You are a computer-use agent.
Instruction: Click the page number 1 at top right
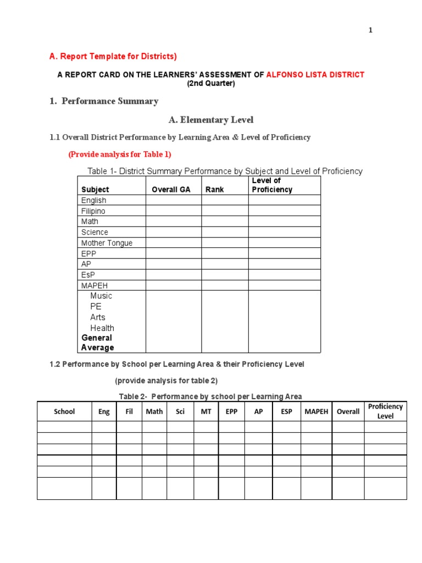click(x=370, y=30)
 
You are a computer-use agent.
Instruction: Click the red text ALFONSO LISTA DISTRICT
click(x=315, y=75)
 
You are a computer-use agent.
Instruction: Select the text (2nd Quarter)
click(x=210, y=84)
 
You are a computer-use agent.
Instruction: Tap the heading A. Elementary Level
click(x=210, y=120)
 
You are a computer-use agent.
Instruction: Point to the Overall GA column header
click(x=171, y=190)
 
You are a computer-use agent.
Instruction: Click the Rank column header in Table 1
click(x=215, y=190)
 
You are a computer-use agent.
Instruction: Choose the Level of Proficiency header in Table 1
click(x=272, y=185)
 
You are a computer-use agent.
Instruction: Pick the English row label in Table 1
click(x=94, y=201)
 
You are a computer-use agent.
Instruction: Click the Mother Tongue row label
click(x=107, y=243)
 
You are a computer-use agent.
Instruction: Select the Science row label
click(x=95, y=233)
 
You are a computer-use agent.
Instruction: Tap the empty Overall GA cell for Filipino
click(x=173, y=211)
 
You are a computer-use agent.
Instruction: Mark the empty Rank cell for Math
click(x=224, y=222)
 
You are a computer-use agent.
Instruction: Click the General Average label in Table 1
click(x=97, y=343)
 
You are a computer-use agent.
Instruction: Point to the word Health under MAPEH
click(x=102, y=328)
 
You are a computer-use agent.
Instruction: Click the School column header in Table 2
click(x=64, y=411)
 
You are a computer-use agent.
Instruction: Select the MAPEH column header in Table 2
click(x=316, y=411)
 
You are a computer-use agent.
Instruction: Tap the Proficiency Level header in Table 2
click(x=385, y=411)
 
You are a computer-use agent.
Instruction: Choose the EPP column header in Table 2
click(x=231, y=411)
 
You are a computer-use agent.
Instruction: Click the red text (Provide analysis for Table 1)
click(x=120, y=154)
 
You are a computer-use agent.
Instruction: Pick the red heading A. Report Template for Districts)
click(x=113, y=57)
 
